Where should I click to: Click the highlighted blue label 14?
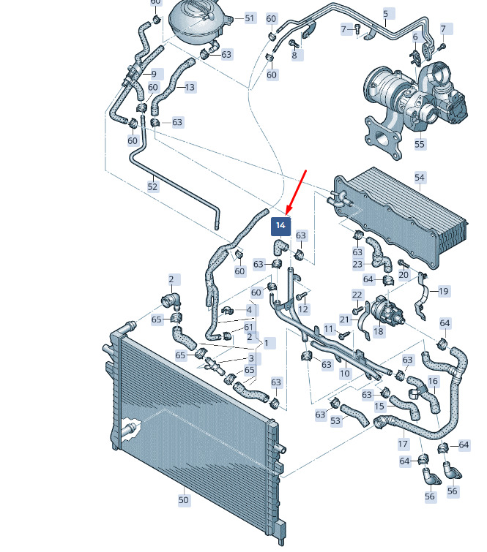[x=280, y=226]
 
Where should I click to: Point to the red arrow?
[x=296, y=192]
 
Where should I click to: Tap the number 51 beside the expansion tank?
[x=250, y=18]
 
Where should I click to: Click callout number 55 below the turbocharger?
[x=420, y=144]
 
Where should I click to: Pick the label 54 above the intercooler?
[x=420, y=178]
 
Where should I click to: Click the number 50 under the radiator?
[x=183, y=499]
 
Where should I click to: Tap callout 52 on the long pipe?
[x=152, y=186]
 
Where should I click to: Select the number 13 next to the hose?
[x=190, y=87]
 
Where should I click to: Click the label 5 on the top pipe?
[x=386, y=14]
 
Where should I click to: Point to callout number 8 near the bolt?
[x=294, y=55]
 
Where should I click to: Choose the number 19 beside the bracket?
[x=443, y=291]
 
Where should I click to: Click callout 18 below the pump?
[x=379, y=331]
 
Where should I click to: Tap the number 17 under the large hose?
[x=403, y=444]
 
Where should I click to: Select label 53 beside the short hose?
[x=335, y=420]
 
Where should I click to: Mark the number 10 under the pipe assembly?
[x=344, y=373]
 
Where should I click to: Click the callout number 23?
[x=357, y=264]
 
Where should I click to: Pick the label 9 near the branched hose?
[x=154, y=75]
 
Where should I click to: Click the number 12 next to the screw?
[x=303, y=309]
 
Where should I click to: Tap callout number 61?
[x=248, y=327]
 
